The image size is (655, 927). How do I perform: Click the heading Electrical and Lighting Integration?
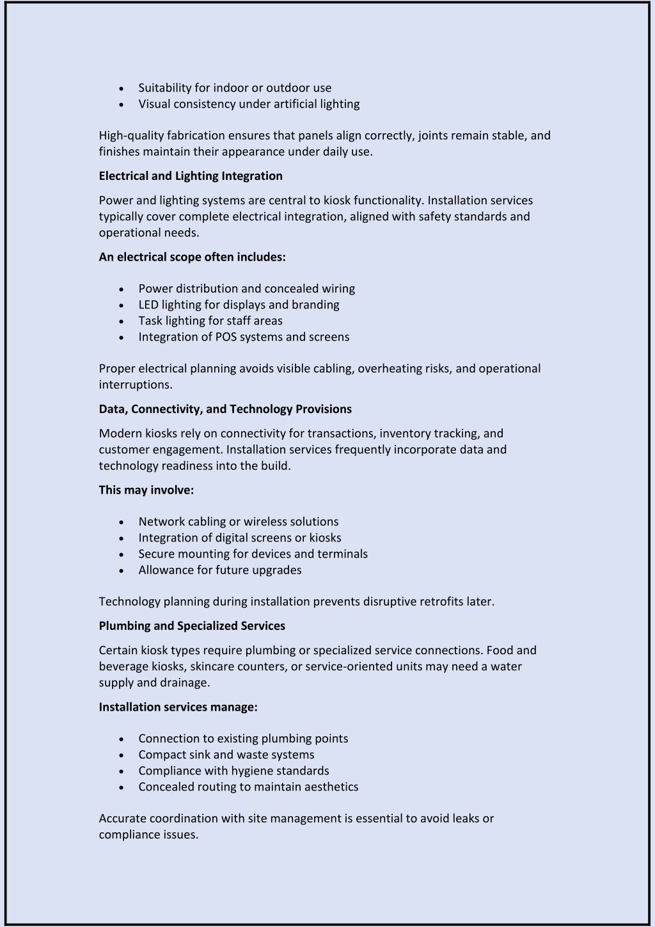tap(191, 176)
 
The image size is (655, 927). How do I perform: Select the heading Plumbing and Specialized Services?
tap(192, 626)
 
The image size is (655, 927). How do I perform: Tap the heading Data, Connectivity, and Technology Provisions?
tap(225, 409)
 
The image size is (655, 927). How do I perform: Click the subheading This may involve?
tap(146, 490)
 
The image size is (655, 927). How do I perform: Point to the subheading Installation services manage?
tap(178, 707)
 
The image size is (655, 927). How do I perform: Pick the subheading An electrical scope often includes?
tap(192, 257)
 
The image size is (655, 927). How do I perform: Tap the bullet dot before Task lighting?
tap(122, 321)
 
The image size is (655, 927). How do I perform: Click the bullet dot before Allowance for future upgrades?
tap(122, 570)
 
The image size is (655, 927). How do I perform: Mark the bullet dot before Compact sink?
tap(122, 755)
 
